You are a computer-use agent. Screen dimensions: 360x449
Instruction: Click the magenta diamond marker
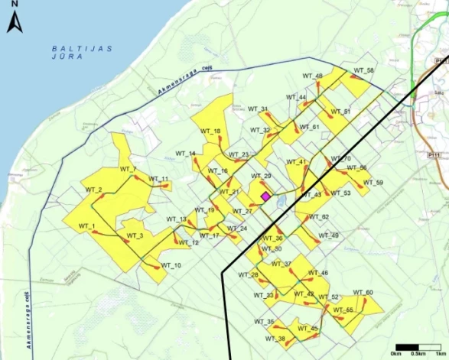point(265,196)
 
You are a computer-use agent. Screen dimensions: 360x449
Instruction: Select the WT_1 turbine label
point(86,227)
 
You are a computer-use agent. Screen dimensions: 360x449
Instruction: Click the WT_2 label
point(94,189)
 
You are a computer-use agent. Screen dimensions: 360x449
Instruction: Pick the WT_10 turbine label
point(172,265)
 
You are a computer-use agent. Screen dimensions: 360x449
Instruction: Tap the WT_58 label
point(364,71)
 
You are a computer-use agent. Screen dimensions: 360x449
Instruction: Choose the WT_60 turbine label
point(364,293)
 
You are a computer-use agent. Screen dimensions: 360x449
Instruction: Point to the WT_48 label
point(314,76)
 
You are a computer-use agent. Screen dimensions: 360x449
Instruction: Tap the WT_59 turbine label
point(373,183)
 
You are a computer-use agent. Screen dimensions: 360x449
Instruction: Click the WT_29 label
point(262,177)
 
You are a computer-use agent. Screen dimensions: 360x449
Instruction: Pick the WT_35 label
point(265,321)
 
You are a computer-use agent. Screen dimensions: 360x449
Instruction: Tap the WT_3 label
point(135,235)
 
